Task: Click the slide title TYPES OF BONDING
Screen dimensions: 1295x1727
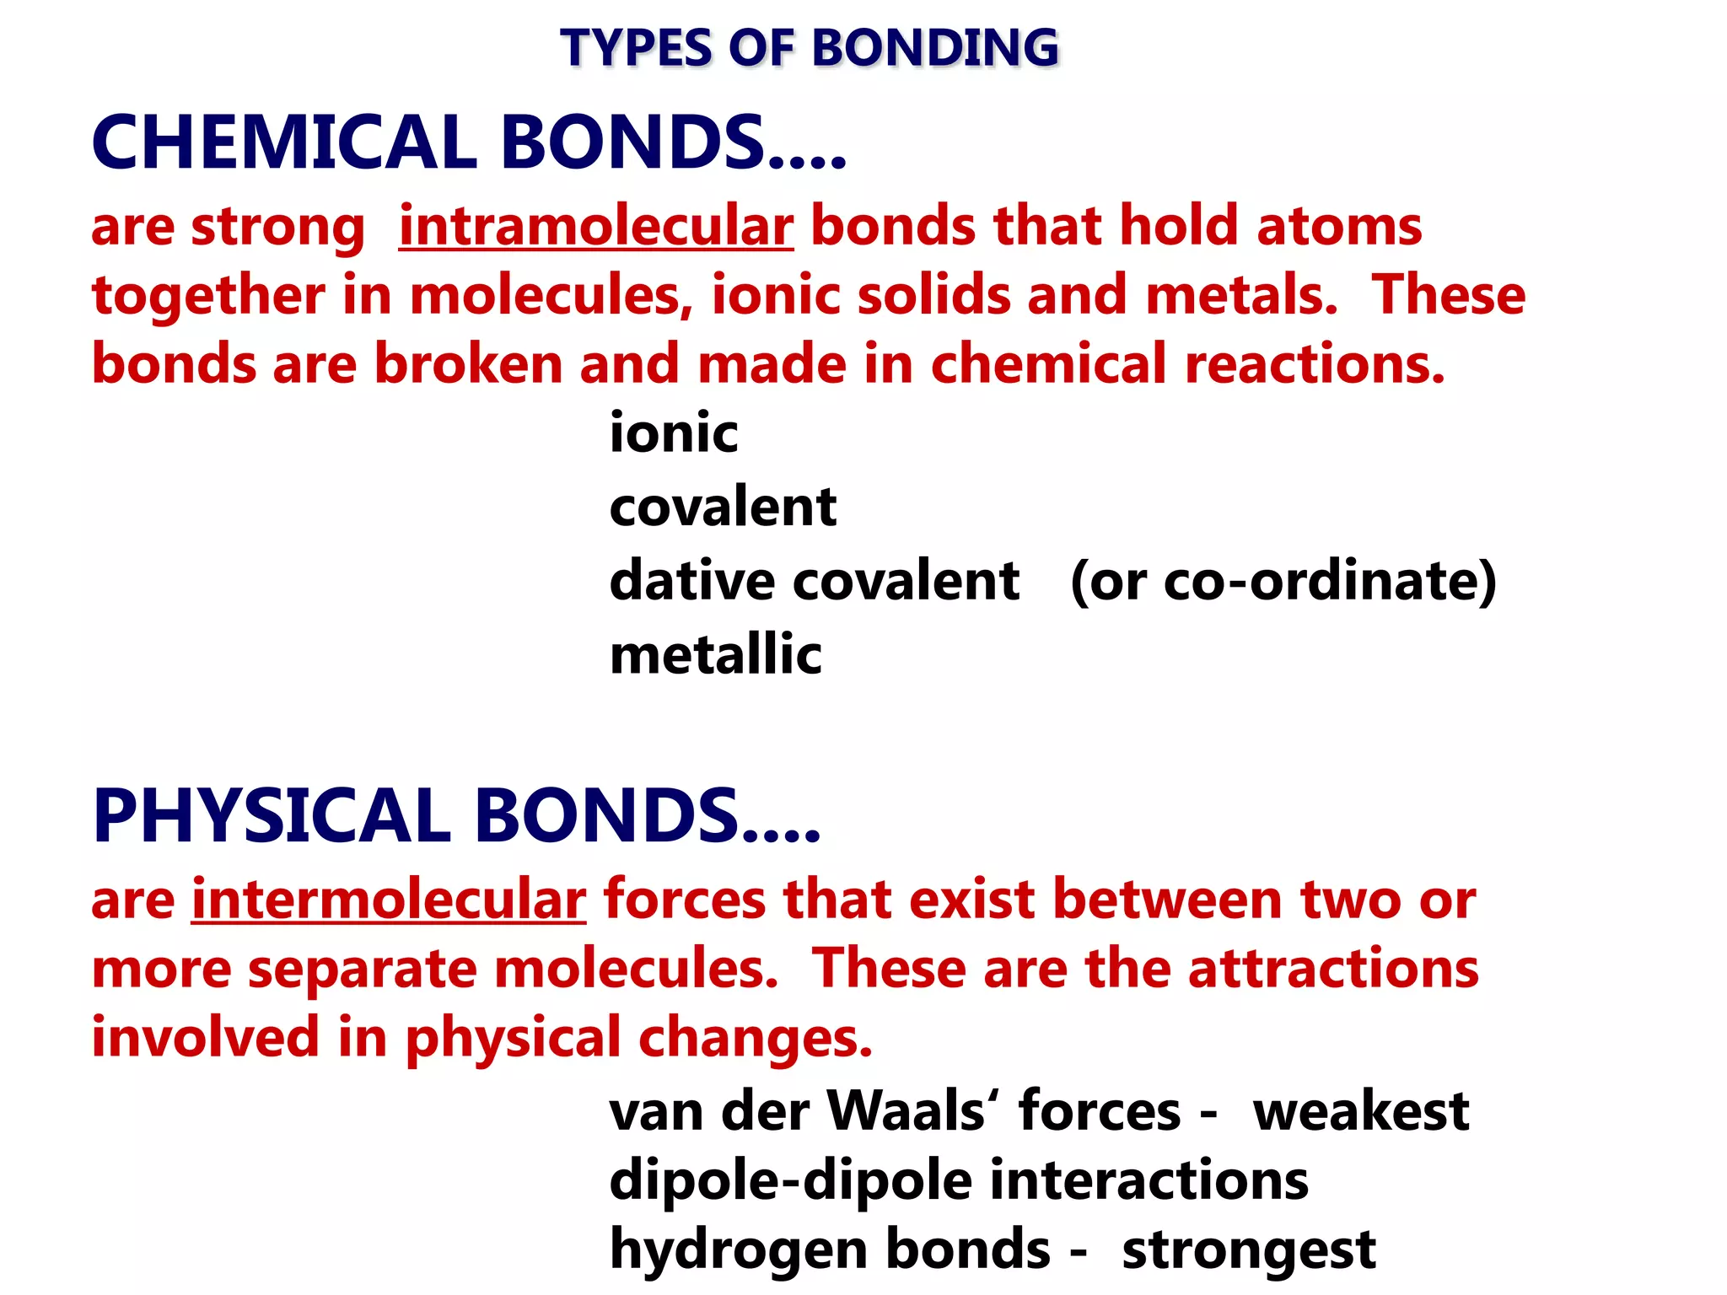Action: coord(810,47)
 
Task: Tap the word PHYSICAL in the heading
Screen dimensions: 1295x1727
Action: coord(272,815)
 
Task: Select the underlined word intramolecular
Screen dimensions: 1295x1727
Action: coord(596,226)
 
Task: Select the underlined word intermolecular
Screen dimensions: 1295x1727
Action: coord(389,900)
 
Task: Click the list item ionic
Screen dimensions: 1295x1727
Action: coord(674,433)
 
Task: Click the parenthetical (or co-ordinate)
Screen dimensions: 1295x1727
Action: coord(1283,581)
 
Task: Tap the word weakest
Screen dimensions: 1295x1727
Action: coord(1361,1110)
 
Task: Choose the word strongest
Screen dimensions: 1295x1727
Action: coord(1248,1249)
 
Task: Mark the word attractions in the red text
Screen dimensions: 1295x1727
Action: coord(1333,968)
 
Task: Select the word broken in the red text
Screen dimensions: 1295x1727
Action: coord(468,364)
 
